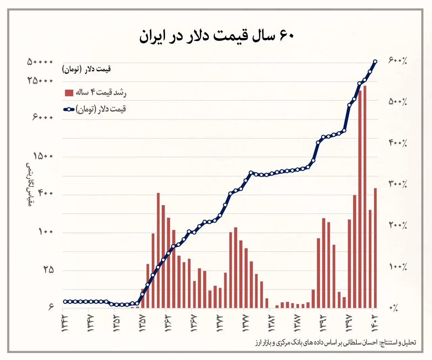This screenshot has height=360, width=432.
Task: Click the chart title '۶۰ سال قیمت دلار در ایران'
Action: [x=216, y=35]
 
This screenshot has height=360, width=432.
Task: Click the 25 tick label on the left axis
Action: [x=49, y=270]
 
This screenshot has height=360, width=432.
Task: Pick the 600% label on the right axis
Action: [x=398, y=61]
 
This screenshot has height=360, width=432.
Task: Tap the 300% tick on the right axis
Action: [x=398, y=184]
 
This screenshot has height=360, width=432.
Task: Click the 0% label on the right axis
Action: [x=394, y=308]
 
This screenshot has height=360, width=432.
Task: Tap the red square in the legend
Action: [x=69, y=92]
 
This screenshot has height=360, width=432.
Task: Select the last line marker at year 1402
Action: [x=375, y=61]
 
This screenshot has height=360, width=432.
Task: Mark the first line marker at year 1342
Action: [x=65, y=302]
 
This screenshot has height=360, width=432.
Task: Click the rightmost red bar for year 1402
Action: [x=375, y=248]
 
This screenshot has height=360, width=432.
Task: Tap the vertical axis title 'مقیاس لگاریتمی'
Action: [x=29, y=184]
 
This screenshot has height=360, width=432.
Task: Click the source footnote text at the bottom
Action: [x=335, y=343]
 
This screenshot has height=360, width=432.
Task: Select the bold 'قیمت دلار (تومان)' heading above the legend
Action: [x=86, y=69]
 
